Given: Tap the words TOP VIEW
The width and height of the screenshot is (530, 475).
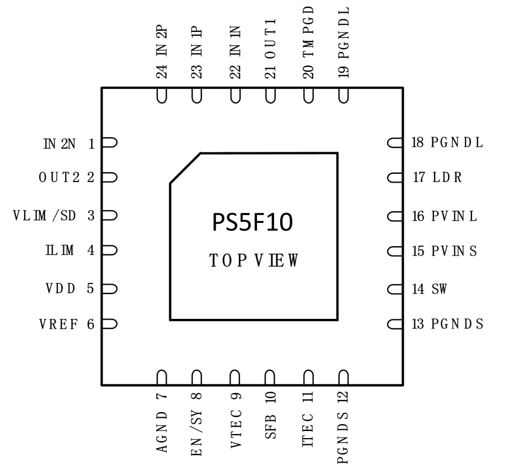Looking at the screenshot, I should point(253,260).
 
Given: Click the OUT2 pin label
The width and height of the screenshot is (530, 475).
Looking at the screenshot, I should point(60,179).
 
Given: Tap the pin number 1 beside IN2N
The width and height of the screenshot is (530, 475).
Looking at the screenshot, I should point(92,145).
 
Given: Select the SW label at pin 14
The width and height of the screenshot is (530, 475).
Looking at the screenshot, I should point(439,289).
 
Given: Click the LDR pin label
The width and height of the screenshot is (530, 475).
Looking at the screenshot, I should point(447,179).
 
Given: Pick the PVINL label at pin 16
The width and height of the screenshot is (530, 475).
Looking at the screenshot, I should point(454,216).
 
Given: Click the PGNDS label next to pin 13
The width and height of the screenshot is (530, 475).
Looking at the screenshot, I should point(457,324).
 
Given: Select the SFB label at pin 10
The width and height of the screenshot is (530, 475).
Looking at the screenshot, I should point(271,425).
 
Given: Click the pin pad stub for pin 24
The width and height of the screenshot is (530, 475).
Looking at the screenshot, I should point(162,95).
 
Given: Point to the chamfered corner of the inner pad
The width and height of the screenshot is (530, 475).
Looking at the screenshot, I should point(185,168).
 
